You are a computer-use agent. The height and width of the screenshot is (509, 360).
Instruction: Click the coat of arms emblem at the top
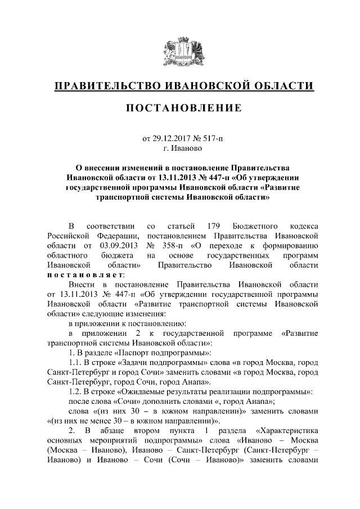tap(179, 50)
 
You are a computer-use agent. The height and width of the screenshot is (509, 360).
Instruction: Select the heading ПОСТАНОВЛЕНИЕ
tap(179, 107)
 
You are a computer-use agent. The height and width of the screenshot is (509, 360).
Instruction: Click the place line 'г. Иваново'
tap(179, 148)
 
